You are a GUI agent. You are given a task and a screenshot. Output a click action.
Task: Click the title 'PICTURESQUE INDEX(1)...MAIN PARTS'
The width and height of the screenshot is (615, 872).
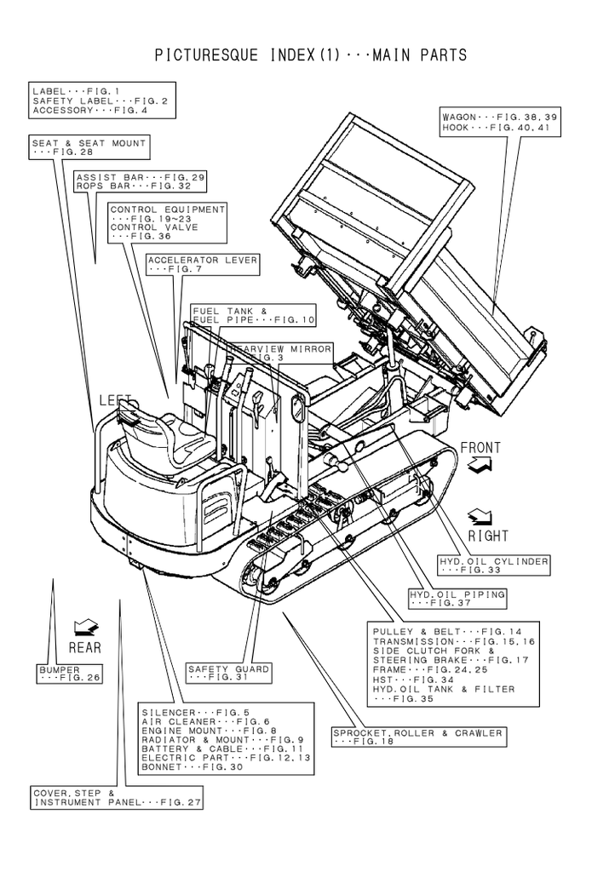311,55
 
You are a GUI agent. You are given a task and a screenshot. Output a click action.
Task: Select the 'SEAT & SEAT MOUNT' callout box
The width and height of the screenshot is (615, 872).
89,147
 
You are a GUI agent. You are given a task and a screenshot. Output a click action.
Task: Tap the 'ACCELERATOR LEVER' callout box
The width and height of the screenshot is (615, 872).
203,264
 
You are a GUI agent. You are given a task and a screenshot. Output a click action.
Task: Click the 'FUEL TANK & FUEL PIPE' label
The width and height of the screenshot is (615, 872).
253,315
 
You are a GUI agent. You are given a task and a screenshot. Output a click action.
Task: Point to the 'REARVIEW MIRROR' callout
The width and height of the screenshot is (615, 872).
281,353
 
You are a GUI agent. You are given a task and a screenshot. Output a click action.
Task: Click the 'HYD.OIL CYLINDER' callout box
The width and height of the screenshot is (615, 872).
494,566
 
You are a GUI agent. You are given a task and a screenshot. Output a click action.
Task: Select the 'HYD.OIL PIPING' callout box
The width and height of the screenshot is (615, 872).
457,598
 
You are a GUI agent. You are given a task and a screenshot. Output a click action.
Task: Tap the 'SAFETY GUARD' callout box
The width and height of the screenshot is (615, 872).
229,674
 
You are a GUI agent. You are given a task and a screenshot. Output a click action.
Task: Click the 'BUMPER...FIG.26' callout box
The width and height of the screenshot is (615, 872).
69,674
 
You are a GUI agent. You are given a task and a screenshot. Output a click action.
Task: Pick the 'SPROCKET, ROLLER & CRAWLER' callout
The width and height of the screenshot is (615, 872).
418,737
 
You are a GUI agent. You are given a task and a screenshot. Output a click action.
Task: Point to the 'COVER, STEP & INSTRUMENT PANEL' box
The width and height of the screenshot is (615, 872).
117,798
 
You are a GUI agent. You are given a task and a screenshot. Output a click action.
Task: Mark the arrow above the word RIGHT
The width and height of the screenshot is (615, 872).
480,516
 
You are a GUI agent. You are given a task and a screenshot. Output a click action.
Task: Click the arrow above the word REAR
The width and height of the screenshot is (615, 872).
85,628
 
